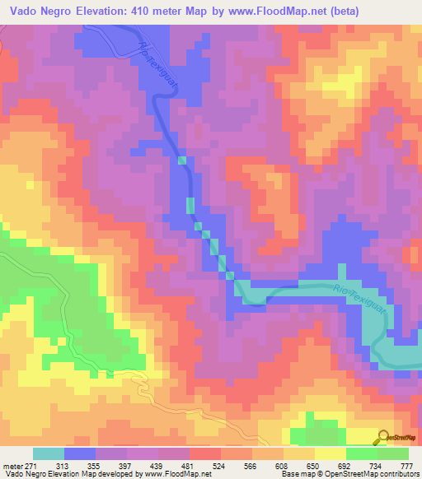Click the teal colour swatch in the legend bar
click(x=49, y=453)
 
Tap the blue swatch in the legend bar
click(x=80, y=453)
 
